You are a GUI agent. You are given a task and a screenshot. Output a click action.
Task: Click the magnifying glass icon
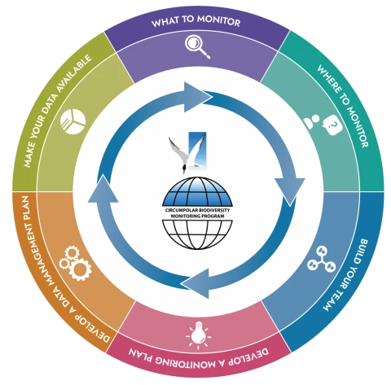[x=197, y=46]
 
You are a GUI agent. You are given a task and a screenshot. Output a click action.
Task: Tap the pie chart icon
[x=72, y=121]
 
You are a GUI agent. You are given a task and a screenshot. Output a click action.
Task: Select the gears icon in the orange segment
[x=75, y=263]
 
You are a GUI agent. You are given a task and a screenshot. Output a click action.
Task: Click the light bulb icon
[x=198, y=335]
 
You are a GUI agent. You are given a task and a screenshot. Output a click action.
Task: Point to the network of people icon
[x=322, y=260]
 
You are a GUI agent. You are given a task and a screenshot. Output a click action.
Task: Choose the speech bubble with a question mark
[x=332, y=125]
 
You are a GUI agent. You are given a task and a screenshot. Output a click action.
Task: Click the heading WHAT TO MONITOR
[x=195, y=21]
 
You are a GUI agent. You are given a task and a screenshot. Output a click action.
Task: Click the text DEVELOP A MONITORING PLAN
[x=199, y=357]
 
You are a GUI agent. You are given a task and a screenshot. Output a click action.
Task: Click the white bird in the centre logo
[x=188, y=154]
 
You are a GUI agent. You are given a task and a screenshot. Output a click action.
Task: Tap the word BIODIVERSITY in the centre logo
[x=214, y=210]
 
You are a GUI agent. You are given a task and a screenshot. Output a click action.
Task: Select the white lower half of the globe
[x=197, y=234]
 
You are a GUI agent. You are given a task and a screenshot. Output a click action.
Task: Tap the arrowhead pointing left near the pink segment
[x=195, y=283]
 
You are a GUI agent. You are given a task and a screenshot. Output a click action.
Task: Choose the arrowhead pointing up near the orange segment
[x=103, y=188]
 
